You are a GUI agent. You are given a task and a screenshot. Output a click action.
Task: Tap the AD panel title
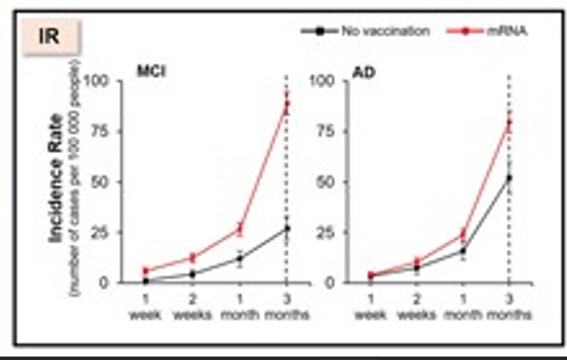click(x=362, y=73)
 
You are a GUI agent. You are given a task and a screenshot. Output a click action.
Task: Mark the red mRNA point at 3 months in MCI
click(x=286, y=105)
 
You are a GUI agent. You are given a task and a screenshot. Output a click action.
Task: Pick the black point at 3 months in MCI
click(x=286, y=229)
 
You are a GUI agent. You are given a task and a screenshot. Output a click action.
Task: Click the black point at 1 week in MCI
click(x=146, y=281)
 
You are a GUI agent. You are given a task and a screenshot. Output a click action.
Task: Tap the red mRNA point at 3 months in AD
click(x=509, y=123)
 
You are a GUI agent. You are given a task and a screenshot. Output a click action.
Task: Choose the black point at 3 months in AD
click(x=509, y=178)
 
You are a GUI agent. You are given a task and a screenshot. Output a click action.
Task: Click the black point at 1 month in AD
click(x=462, y=251)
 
